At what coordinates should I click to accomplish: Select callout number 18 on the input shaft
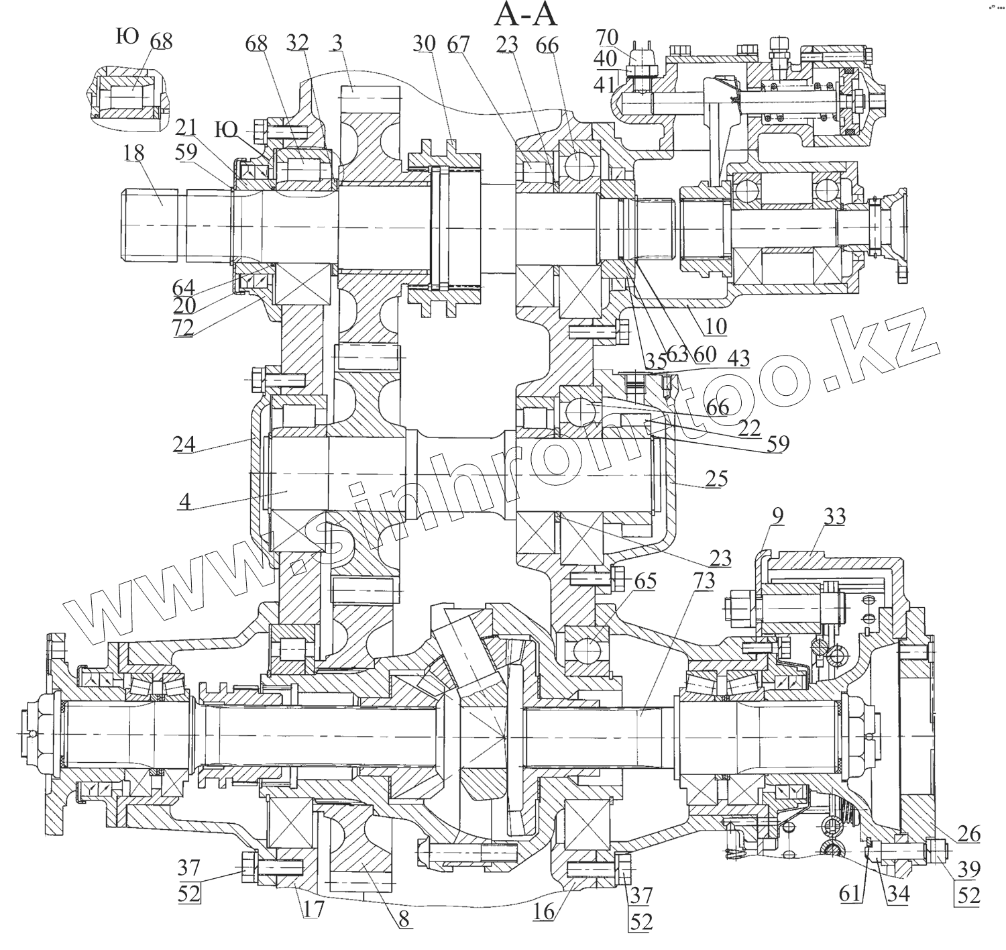pos(133,153)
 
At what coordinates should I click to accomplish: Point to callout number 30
pos(425,44)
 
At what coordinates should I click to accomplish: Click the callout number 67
pos(459,44)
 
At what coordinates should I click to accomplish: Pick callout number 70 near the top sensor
pos(607,37)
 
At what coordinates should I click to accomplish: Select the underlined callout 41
pos(606,84)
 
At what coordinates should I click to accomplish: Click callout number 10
pos(716,327)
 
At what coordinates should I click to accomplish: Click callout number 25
pos(716,479)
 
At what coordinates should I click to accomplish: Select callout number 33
pos(834,517)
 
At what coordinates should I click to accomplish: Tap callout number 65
pos(645,581)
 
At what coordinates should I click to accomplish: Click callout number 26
pos(968,835)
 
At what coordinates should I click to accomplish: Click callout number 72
pos(182,327)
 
